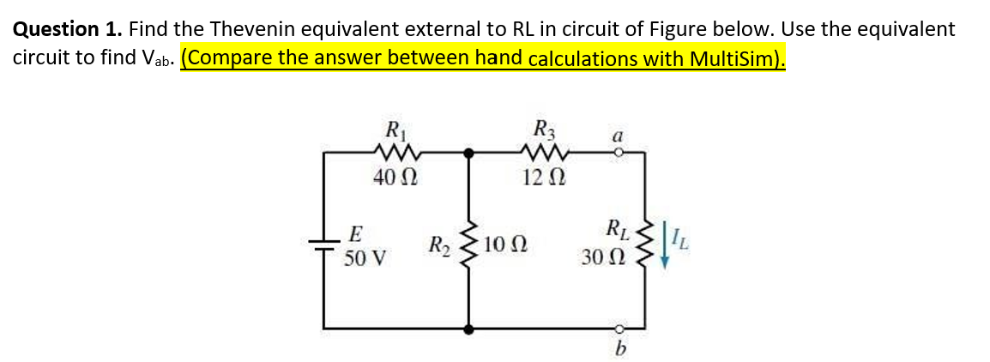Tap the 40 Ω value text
pos(395,178)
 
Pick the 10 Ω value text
pos(504,246)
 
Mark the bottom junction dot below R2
pos(468,327)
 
